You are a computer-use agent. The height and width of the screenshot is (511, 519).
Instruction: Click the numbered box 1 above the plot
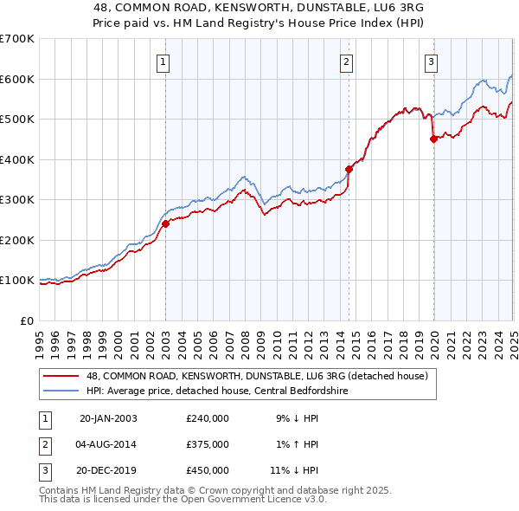[x=163, y=61]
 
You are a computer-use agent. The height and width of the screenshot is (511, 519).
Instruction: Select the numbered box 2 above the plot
[x=346, y=61]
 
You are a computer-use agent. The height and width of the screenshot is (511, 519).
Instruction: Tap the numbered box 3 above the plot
[x=431, y=61]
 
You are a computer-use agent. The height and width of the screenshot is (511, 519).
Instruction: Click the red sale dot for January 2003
[x=166, y=223]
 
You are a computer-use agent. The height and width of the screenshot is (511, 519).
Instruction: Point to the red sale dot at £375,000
[x=349, y=170]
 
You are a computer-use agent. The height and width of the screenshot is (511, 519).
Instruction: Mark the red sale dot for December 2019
[x=433, y=139]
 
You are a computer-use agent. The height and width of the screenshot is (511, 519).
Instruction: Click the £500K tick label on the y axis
[x=17, y=120]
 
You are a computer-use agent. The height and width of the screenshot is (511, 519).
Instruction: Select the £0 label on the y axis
[x=27, y=320]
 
